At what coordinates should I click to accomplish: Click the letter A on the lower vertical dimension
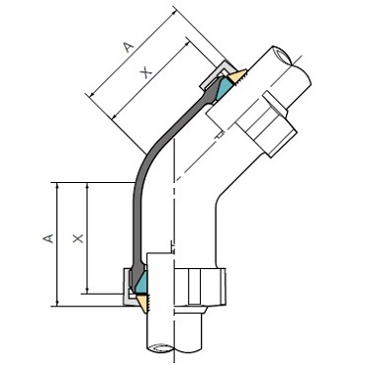click(x=46, y=237)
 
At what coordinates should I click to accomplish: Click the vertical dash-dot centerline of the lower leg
click(x=175, y=237)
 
